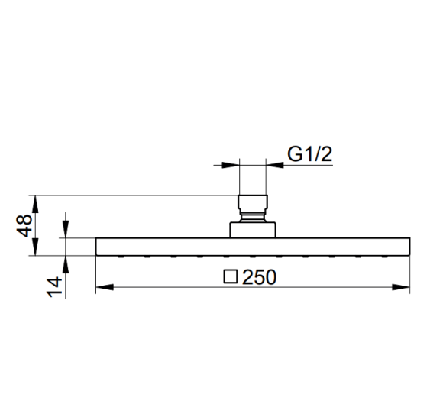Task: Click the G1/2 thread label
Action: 309,154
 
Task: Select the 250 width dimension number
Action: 260,276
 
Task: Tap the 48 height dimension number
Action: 24,225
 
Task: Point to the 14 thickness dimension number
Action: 54,286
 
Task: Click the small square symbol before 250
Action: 231,276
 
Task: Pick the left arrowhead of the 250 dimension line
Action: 105,287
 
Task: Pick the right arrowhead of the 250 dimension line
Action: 401,287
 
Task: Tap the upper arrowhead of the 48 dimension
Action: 35,204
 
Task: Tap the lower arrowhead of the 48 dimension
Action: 35,247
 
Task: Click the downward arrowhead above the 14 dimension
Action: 66,229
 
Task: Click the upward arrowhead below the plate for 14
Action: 66,264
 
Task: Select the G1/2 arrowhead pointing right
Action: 231,165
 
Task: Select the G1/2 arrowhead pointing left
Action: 275,165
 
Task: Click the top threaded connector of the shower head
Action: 253,202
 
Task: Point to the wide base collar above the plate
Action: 253,230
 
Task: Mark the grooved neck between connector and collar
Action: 253,216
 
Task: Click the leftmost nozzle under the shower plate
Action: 121,257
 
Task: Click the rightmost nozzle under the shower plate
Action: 384,257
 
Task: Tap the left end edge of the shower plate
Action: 96,247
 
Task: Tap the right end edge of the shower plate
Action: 409,247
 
